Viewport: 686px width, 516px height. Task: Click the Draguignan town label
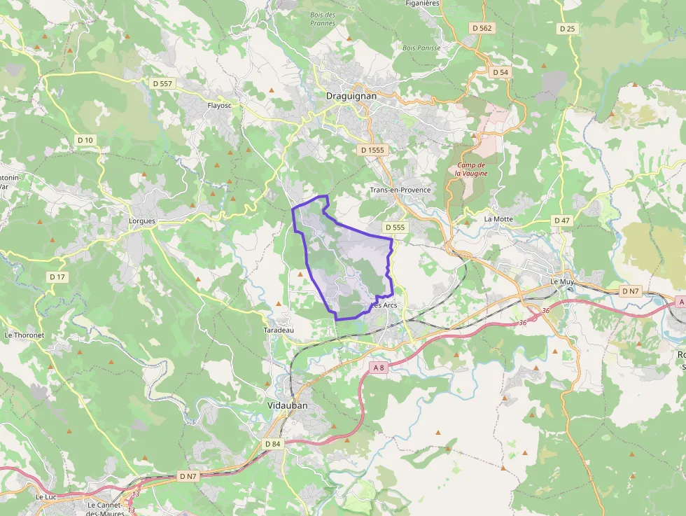[351, 96]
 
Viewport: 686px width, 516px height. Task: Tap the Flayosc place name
[219, 106]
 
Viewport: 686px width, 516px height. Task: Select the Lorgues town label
[142, 221]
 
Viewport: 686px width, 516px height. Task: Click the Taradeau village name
[279, 330]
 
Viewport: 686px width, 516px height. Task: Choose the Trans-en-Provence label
[400, 190]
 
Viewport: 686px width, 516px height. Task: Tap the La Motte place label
[498, 218]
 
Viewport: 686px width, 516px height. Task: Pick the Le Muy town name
[562, 281]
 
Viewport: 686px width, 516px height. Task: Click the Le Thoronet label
[24, 335]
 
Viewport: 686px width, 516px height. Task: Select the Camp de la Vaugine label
[471, 169]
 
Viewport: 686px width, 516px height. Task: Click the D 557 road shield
[162, 83]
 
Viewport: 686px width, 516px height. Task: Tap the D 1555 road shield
[372, 150]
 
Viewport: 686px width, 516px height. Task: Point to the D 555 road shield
[395, 228]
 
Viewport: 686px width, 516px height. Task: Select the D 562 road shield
[482, 28]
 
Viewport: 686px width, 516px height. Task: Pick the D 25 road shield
[567, 29]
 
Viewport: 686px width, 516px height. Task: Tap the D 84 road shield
[272, 444]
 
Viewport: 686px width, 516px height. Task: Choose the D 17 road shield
[57, 277]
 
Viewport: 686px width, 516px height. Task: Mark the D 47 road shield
[562, 221]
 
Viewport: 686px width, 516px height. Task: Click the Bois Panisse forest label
[421, 48]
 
